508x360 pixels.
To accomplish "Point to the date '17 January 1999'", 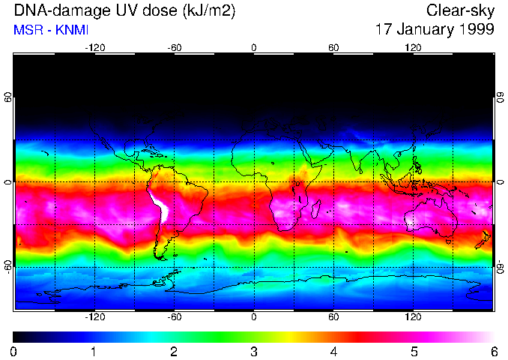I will click(435, 30).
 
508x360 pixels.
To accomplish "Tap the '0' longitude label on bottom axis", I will click(254, 316).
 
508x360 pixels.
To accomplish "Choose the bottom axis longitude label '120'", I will click(413, 316).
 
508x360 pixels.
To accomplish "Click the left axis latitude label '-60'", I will click(8, 266).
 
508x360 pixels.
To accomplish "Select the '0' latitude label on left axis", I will click(8, 182).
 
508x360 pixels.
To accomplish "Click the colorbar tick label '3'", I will click(253, 351).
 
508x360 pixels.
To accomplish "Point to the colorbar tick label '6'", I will click(493, 351).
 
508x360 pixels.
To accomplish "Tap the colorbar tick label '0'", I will click(14, 351).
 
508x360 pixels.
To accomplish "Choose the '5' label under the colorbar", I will click(413, 351).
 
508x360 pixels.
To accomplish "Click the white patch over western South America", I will click(160, 206).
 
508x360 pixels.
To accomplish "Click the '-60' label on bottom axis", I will click(174, 316).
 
